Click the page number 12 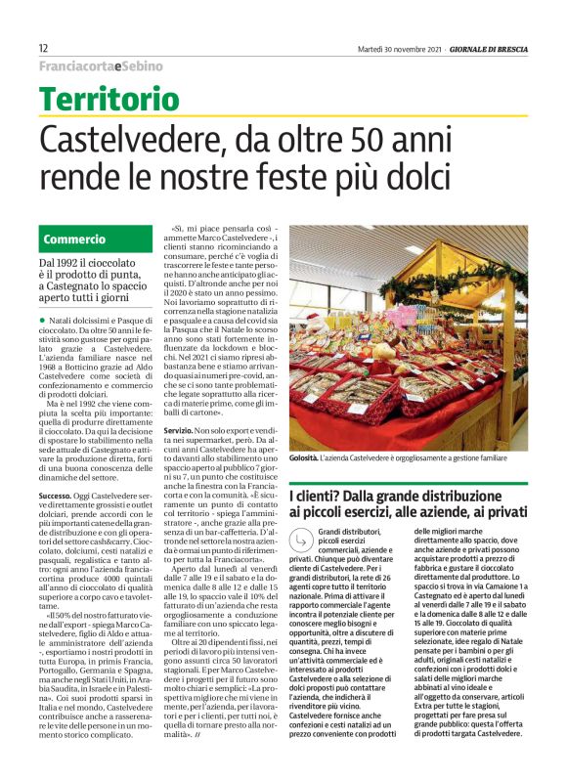coord(44,48)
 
